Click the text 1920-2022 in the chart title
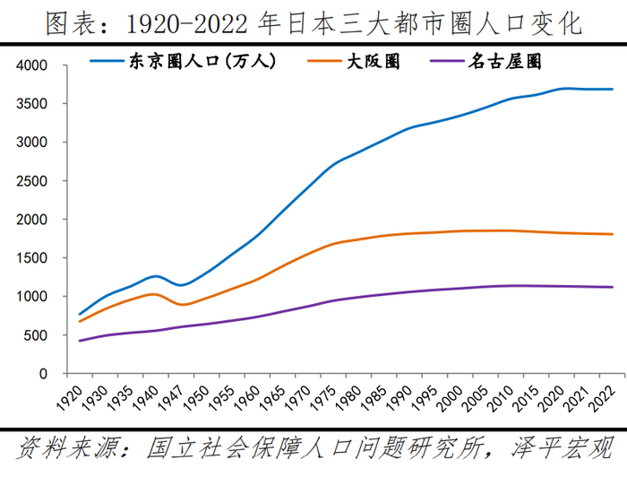[201, 22]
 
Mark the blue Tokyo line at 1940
[157, 276]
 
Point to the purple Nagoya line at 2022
[612, 287]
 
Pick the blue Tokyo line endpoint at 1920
[80, 314]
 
